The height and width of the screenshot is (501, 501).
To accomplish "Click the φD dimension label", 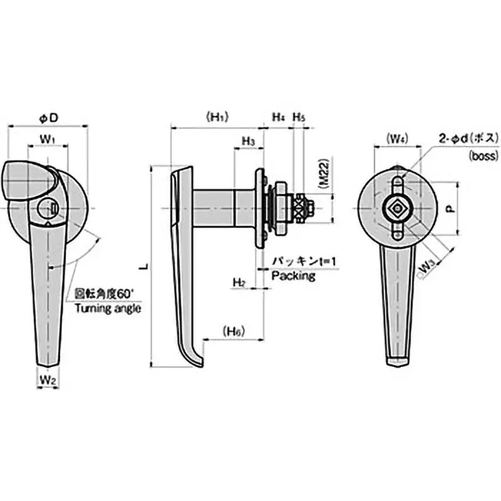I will [x=48, y=117].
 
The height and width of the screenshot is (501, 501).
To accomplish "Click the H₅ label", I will [x=299, y=117].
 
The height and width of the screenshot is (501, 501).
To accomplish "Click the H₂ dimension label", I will [x=239, y=282].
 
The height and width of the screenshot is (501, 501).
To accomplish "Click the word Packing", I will [x=293, y=276].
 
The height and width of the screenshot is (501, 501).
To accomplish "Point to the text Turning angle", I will [x=107, y=308].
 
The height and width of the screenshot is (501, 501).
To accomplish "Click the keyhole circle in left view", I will [x=48, y=207].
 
